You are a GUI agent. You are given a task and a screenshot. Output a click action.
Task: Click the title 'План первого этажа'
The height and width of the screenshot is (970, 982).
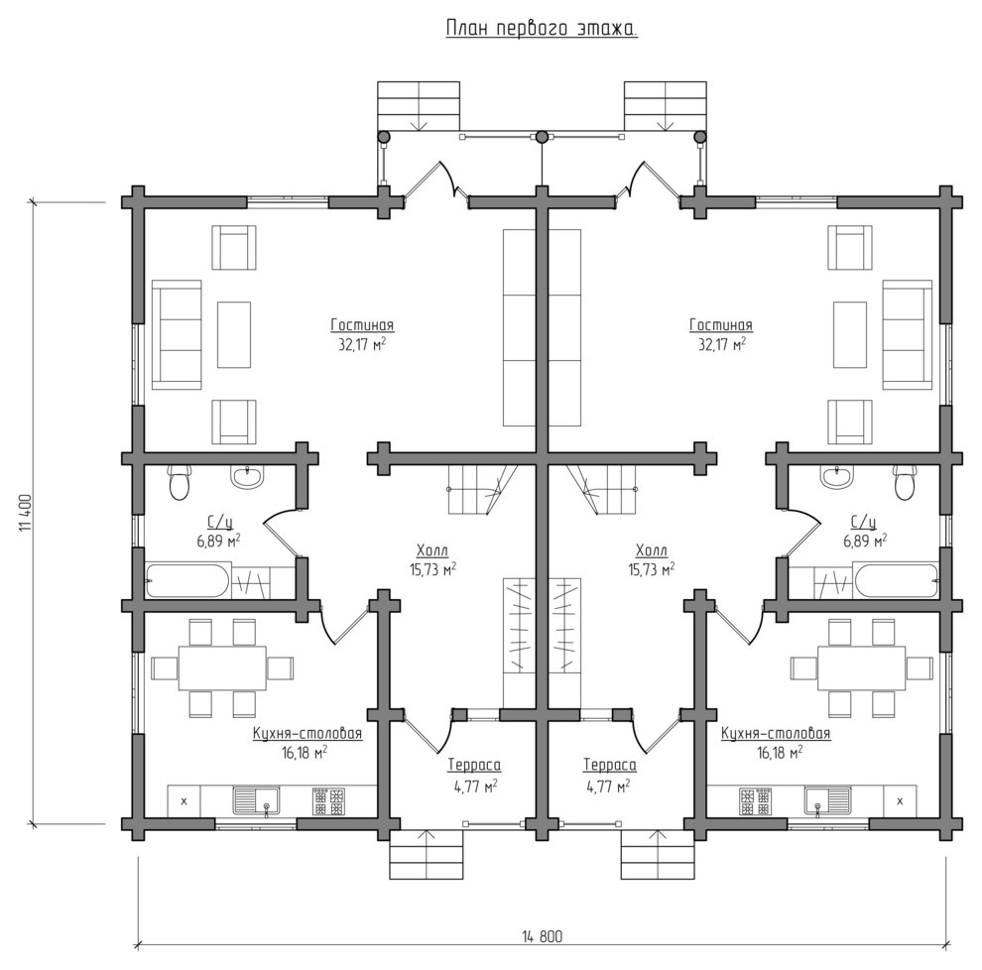point(542,28)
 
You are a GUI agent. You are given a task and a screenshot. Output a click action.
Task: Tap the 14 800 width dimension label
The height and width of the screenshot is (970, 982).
point(543,936)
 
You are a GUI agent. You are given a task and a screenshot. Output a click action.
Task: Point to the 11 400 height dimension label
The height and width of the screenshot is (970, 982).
point(25,513)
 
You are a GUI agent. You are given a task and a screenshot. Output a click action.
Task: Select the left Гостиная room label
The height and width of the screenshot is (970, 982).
point(362,325)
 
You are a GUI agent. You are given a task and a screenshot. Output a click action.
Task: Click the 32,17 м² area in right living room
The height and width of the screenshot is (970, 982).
point(721,344)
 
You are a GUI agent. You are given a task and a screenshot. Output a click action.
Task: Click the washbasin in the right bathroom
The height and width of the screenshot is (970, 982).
point(837,476)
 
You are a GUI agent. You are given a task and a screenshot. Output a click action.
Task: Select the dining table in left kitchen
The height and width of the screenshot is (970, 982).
point(222,668)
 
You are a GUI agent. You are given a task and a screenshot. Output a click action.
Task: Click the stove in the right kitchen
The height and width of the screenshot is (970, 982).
point(755,801)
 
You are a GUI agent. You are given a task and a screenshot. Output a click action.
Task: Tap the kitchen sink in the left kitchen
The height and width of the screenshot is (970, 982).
point(257,801)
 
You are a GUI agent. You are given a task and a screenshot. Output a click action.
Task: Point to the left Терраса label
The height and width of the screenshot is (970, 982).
point(474,765)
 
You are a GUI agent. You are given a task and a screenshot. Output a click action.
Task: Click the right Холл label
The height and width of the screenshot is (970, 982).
point(652,550)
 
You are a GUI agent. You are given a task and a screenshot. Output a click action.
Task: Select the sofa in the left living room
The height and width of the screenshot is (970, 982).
point(177,334)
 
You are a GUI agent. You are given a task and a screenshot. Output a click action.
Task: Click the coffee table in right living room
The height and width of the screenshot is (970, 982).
point(850,334)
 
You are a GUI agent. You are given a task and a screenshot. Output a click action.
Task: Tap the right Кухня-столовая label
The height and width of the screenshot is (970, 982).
point(776,733)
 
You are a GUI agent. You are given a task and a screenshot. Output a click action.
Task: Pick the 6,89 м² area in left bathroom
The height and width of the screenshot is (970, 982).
point(218,541)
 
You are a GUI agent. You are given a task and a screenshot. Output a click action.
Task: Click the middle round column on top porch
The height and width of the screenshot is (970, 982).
point(542,137)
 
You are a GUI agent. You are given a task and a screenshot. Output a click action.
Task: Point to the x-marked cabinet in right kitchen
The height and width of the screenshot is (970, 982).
point(900,801)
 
